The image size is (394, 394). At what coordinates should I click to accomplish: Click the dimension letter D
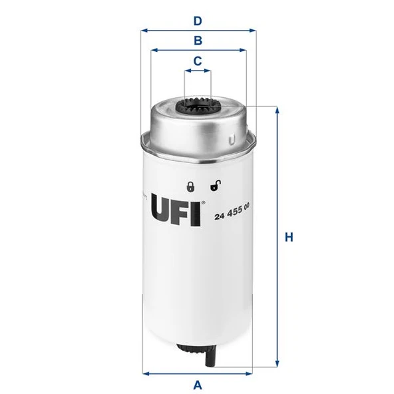pyautogui.click(x=197, y=21)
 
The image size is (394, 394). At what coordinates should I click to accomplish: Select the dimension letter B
pyautogui.click(x=198, y=41)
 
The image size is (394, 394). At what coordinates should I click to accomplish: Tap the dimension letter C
pyautogui.click(x=197, y=61)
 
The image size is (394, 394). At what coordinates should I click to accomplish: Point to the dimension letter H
pyautogui.click(x=288, y=237)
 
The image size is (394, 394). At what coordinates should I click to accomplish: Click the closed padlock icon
pyautogui.click(x=190, y=187)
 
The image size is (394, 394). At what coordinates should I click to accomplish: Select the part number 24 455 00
pyautogui.click(x=232, y=214)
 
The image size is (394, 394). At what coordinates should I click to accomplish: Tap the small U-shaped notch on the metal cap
pyautogui.click(x=230, y=140)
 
